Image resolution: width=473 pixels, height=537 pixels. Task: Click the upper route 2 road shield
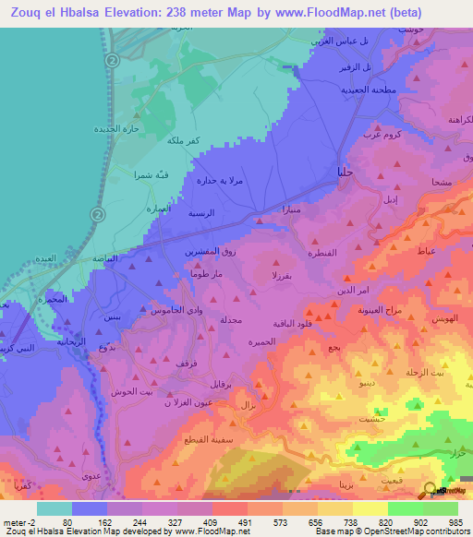click(113, 60)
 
